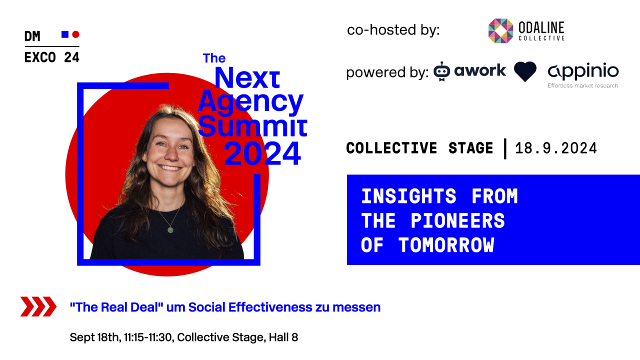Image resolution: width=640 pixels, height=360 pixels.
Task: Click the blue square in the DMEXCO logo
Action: pos(64,34)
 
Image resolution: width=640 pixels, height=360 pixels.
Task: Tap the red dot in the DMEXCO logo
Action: pos(75,34)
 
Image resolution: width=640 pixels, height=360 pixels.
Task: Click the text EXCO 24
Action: pos(51,57)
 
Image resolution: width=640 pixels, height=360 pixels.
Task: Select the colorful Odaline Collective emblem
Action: pos(500,31)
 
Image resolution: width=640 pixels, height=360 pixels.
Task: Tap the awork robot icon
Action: pos(441,71)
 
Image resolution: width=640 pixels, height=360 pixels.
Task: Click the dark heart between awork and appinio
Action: pos(525,71)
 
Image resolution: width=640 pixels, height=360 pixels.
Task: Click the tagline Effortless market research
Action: pos(583,85)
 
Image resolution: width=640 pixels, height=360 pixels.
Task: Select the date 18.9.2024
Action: pos(556,148)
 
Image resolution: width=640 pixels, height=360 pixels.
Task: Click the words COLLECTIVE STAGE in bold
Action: pos(419,148)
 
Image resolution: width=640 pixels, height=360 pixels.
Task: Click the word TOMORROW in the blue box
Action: pos(446,245)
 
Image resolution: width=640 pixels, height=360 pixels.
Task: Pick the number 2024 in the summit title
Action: pos(262,153)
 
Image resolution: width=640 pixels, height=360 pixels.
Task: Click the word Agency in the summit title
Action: pos(250,102)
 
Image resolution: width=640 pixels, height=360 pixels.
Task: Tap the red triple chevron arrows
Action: pos(38,306)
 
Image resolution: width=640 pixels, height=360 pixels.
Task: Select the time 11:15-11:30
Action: pos(148,337)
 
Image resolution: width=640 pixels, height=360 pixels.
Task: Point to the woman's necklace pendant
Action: pos(170,230)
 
